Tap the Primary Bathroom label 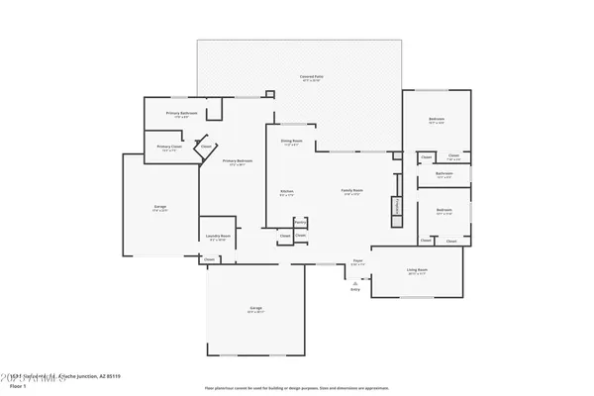tap(181, 114)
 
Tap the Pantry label tap(300, 222)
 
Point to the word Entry tap(354, 289)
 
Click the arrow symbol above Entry tap(354, 281)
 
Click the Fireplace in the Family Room tap(398, 206)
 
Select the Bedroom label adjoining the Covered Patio tap(437, 120)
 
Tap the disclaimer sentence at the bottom tap(296, 387)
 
